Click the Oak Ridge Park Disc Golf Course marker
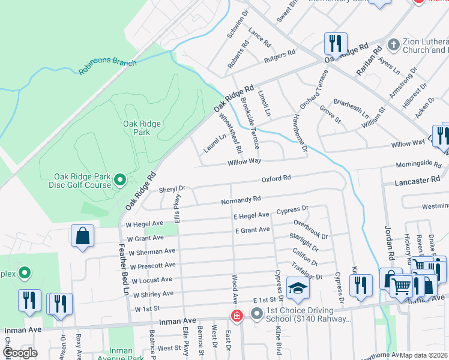(x=119, y=179)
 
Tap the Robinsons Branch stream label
(x=107, y=67)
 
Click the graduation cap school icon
(x=297, y=289)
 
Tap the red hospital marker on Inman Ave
(x=238, y=315)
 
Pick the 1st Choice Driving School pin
(x=257, y=313)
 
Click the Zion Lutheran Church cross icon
(x=394, y=45)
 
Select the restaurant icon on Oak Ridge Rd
(x=334, y=43)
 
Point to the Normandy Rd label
(x=241, y=199)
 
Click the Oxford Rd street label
(x=276, y=178)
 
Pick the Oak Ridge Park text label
(x=142, y=128)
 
